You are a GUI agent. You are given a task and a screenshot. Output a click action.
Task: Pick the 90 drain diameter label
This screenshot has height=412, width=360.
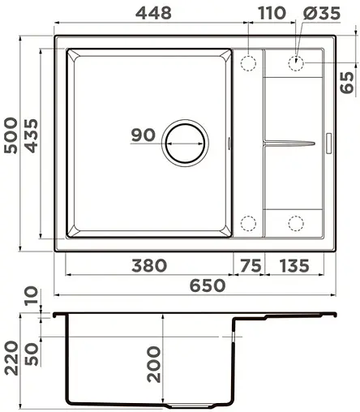144,136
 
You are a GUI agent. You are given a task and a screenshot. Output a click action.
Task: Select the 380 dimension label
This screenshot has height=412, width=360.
148,265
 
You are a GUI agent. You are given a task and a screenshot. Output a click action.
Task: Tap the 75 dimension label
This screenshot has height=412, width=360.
251,265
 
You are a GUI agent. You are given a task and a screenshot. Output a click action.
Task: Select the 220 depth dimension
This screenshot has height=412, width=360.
11,358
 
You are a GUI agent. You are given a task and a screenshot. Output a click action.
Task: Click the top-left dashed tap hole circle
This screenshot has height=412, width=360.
249,62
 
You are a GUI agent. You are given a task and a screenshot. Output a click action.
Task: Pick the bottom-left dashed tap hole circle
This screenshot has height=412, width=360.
249,221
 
